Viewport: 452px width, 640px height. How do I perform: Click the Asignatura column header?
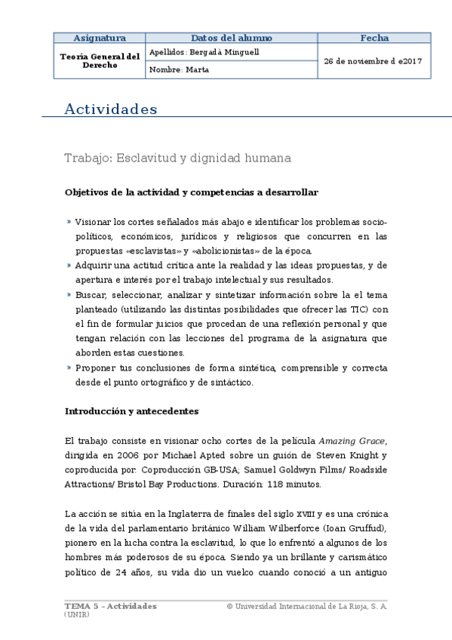[99, 38]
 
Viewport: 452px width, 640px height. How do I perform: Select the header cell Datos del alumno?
[230, 38]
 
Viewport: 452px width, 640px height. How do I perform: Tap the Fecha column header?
[374, 38]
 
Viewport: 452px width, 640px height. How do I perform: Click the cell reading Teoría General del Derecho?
[99, 60]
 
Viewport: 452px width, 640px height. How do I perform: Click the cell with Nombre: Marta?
[179, 69]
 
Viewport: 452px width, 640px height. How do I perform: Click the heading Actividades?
[111, 109]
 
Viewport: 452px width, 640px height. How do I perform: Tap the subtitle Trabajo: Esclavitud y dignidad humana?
[177, 158]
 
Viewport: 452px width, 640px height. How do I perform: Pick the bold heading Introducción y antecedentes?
[131, 411]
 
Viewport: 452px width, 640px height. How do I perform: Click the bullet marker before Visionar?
[68, 223]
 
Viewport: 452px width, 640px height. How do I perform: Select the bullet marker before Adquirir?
[68, 266]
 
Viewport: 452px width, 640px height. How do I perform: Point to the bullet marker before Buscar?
[68, 294]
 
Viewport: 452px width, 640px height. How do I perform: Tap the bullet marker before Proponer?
[68, 368]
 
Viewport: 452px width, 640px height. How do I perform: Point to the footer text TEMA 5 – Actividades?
[110, 606]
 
